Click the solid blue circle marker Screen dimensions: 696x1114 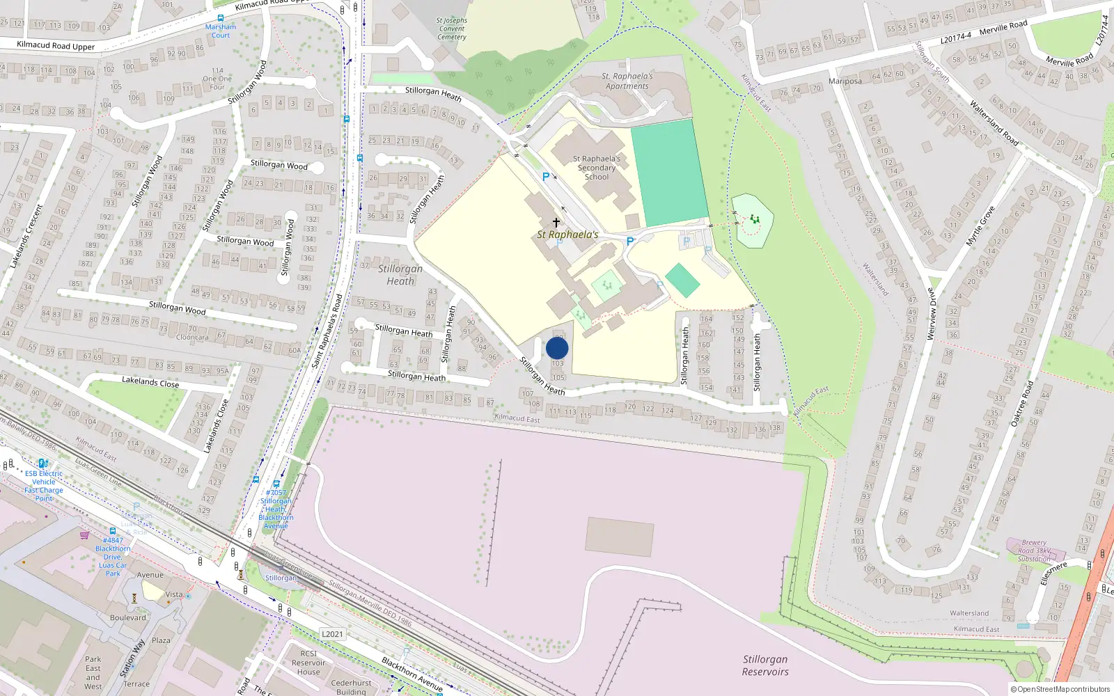557,348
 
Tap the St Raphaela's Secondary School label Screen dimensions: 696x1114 597,168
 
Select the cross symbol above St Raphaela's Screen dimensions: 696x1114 556,223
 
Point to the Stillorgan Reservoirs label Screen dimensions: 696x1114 765,665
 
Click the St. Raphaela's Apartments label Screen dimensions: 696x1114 627,81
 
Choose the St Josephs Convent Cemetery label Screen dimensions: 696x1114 452,29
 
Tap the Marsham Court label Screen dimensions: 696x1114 221,31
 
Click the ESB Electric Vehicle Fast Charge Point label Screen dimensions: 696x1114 44,486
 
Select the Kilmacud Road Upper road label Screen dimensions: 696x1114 56,46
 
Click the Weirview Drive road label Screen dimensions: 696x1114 932,313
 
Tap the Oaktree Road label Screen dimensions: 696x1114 1022,403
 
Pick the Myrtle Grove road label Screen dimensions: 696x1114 980,226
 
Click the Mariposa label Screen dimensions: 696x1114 845,81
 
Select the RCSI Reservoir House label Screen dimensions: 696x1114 308,663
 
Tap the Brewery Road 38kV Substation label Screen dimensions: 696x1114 1034,551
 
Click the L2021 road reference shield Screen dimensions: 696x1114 332,634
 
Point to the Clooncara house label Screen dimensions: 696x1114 192,338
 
